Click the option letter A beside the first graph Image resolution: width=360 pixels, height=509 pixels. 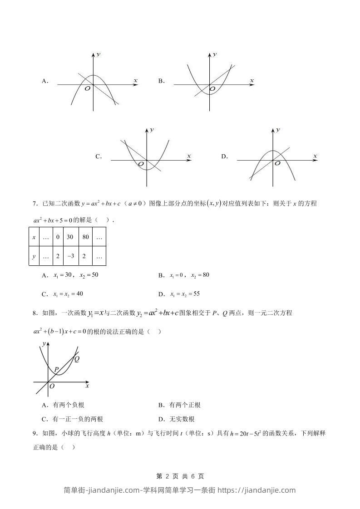point(44,81)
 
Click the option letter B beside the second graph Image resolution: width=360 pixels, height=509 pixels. point(161,81)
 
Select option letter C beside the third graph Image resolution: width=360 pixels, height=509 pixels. point(98,157)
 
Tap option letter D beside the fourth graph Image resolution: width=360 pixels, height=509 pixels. point(224,157)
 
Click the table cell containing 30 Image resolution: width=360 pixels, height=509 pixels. point(70,237)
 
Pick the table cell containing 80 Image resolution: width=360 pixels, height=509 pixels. point(85,237)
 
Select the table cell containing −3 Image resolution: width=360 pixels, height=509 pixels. point(70,256)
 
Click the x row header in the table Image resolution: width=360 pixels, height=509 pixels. point(34,237)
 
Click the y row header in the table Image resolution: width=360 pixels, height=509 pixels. point(34,256)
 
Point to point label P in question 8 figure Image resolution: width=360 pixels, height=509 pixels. point(56,369)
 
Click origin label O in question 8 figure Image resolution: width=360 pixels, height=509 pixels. point(52,386)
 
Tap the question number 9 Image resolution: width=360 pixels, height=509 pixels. point(35,433)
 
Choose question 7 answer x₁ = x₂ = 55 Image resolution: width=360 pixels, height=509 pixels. point(185,294)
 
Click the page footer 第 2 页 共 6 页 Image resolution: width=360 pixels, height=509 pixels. point(180,476)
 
